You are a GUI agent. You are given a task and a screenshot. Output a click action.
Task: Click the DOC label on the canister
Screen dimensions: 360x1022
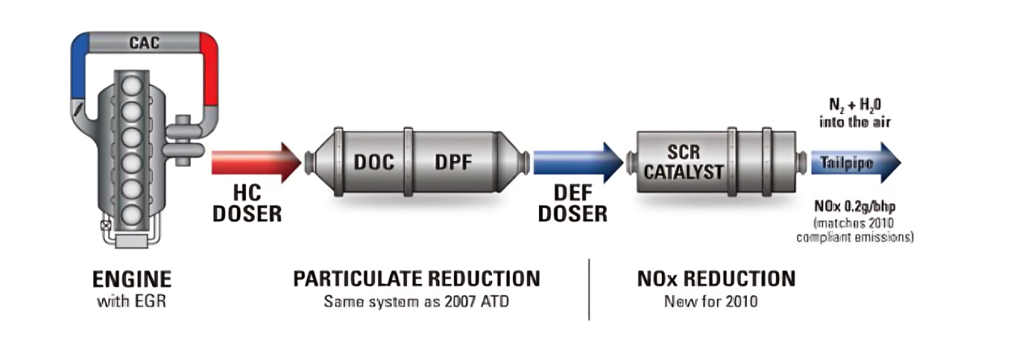[x=373, y=162]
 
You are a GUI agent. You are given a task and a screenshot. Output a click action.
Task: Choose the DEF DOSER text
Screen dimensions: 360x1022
[x=572, y=205]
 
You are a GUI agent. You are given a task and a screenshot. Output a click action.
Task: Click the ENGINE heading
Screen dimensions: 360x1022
[x=131, y=280]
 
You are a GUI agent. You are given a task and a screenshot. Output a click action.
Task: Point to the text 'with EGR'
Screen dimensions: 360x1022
[x=131, y=303]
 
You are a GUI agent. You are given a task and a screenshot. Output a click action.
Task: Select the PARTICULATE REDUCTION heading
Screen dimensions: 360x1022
[x=416, y=280]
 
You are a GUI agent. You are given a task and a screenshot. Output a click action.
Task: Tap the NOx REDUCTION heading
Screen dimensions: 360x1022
[x=716, y=280]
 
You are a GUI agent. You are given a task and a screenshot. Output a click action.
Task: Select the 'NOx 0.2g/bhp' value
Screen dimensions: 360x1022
[x=857, y=207]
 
